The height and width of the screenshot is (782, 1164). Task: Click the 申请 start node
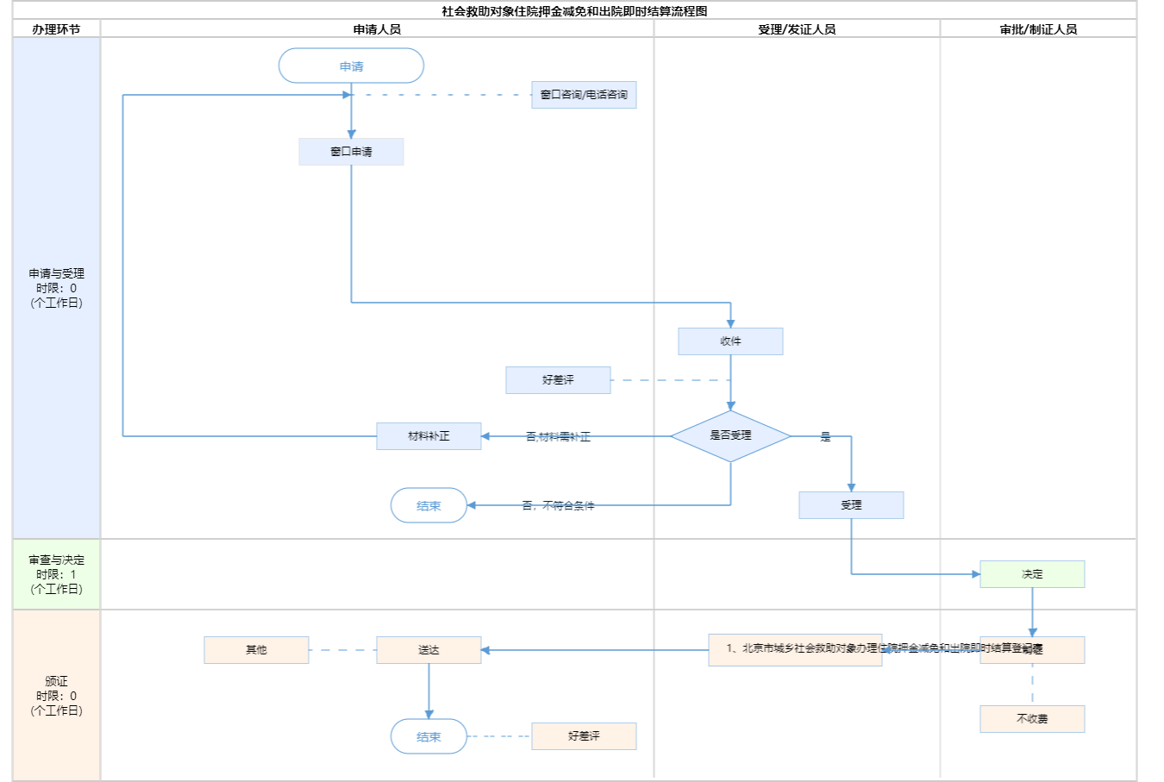(351, 66)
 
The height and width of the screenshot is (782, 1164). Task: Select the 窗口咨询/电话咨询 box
(584, 95)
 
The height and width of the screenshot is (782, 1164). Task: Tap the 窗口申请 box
(351, 152)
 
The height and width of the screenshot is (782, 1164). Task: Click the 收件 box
(730, 341)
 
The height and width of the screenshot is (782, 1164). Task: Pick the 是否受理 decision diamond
(730, 435)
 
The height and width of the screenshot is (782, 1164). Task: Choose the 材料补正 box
(429, 436)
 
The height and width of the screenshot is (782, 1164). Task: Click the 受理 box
(851, 505)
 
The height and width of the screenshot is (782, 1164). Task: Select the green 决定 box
(1032, 574)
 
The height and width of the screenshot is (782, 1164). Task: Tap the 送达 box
(429, 650)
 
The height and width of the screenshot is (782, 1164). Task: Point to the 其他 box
(256, 650)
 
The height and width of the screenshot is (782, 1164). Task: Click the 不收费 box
(1032, 719)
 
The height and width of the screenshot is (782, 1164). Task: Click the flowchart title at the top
(574, 11)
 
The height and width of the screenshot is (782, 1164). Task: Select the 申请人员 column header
(377, 29)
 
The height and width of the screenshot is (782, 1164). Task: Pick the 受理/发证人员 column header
(797, 29)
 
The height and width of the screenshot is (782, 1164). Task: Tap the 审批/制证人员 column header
(1038, 29)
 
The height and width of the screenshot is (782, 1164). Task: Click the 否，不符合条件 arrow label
(558, 506)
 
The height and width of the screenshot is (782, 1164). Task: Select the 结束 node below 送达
(429, 737)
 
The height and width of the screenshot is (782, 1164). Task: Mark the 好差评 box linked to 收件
(558, 380)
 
